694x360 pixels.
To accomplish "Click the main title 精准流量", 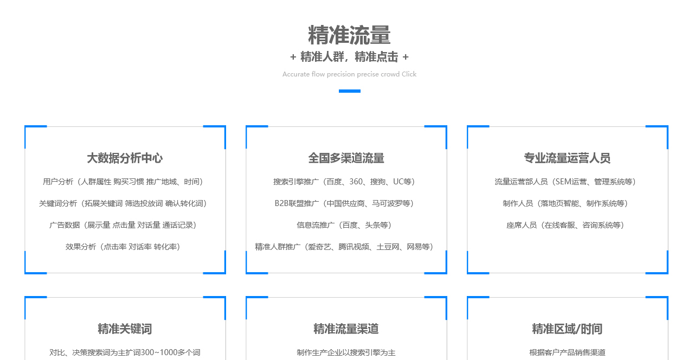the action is [x=349, y=35].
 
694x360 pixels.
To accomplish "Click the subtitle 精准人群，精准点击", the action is [x=349, y=57].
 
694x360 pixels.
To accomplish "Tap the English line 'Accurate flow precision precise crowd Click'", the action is [x=349, y=74].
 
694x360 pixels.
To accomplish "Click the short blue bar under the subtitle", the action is [x=350, y=91].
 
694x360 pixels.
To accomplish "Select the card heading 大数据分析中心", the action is [x=125, y=158].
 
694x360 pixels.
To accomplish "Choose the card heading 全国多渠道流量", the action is [x=346, y=158].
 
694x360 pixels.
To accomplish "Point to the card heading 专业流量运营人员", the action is [x=567, y=158].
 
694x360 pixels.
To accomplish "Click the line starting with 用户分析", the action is [x=123, y=182].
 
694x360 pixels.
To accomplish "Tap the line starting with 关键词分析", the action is [x=123, y=203].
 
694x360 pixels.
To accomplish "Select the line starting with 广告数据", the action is [x=123, y=225].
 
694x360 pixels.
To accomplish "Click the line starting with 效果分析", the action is [x=123, y=247].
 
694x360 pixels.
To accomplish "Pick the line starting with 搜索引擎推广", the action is [x=344, y=182].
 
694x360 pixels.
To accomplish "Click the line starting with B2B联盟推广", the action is [x=344, y=203].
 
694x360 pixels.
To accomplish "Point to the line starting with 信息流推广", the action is [x=344, y=225].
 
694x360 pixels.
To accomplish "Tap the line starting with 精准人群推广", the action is [x=344, y=247].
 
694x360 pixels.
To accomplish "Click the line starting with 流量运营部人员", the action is [x=565, y=182].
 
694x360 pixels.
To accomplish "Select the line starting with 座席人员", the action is [x=565, y=225].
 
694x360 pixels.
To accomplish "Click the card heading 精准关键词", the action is [x=125, y=329].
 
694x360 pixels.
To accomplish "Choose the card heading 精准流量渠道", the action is [x=346, y=329].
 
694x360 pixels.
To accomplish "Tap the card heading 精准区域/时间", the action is [x=567, y=329].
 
